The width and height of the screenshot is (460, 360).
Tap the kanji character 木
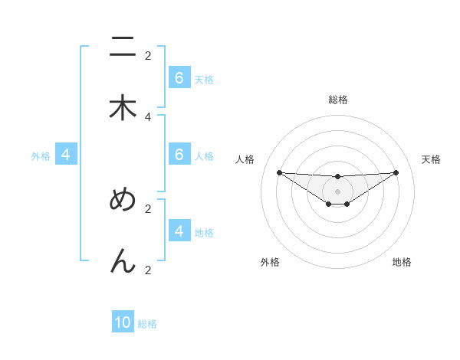tap(123, 108)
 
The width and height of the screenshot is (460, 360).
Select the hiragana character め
tap(123, 200)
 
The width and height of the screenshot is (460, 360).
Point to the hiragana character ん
tap(123, 261)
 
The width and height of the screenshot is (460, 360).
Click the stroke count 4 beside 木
tap(148, 116)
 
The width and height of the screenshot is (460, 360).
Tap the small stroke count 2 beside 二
tap(148, 55)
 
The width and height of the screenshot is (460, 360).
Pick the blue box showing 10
tap(123, 322)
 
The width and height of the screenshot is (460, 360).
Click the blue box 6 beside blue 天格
tap(179, 78)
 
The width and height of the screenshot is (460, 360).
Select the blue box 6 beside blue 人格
tap(179, 155)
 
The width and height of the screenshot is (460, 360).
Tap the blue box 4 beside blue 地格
tap(179, 231)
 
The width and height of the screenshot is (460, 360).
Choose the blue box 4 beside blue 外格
tap(66, 155)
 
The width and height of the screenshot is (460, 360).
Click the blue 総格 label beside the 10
tap(147, 324)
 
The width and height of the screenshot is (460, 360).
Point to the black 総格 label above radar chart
tap(337, 100)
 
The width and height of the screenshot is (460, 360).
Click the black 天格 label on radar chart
tap(431, 159)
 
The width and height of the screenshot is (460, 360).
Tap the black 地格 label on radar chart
tap(402, 263)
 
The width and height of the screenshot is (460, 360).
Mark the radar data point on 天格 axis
tap(396, 172)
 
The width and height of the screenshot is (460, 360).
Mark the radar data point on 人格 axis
tap(279, 172)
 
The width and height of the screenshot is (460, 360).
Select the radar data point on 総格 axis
tap(337, 177)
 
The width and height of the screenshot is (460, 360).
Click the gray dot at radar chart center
tap(337, 191)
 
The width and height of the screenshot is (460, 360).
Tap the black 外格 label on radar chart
tap(270, 263)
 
